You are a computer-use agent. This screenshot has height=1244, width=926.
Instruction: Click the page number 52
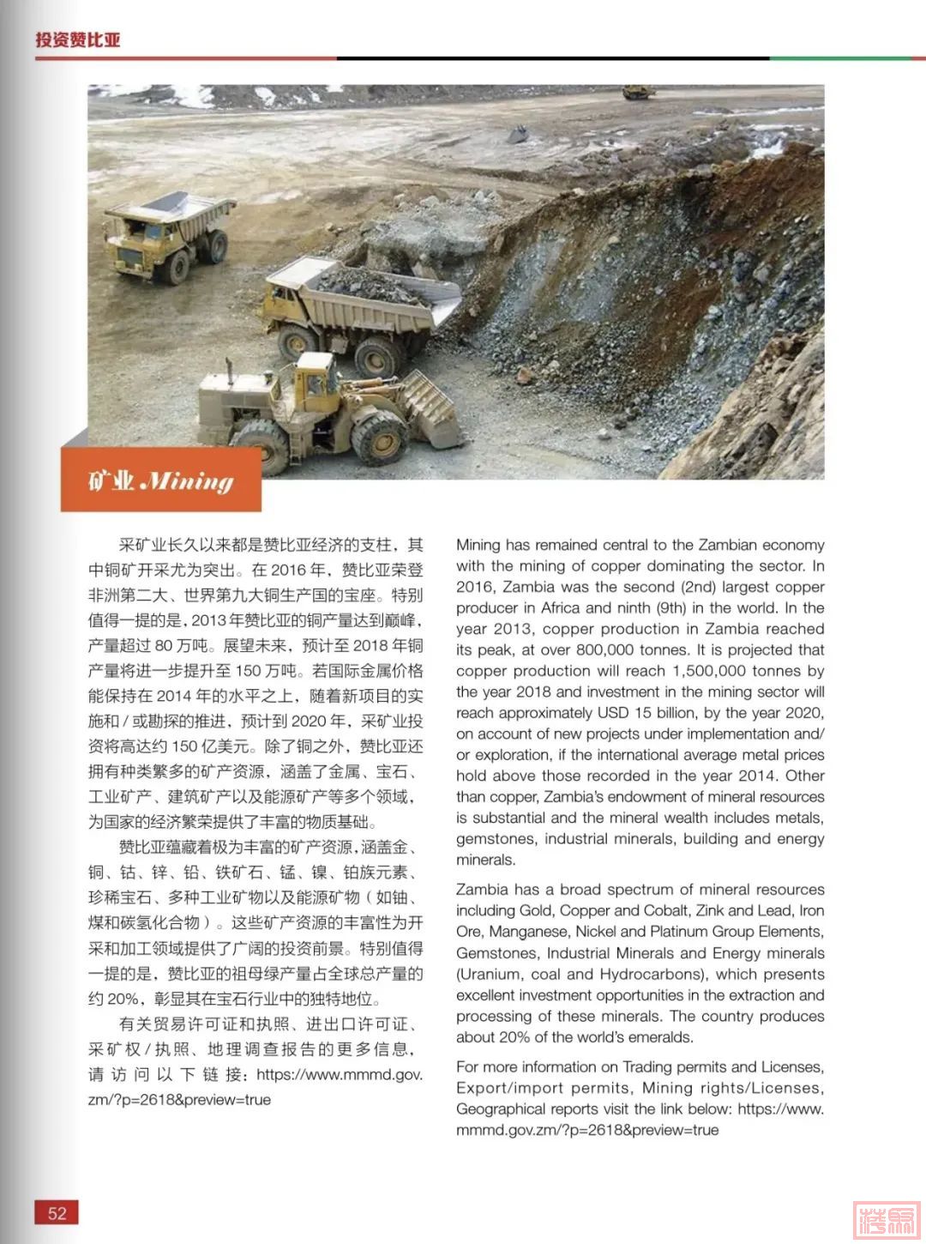point(57,1213)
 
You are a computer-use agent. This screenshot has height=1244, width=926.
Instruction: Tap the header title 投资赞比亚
point(78,39)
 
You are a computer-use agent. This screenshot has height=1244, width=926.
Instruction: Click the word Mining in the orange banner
point(186,480)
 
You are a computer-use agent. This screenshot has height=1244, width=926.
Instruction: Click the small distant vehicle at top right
point(638,91)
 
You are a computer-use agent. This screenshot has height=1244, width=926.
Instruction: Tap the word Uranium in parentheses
point(489,975)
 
